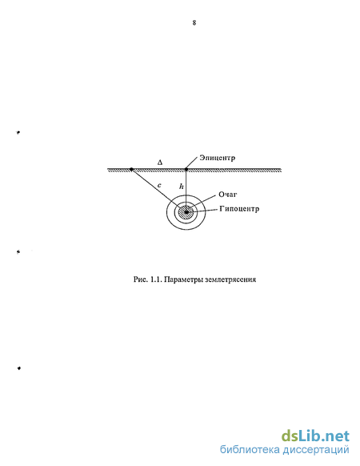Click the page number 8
click(194, 22)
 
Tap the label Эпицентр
click(217, 158)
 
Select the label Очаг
click(228, 195)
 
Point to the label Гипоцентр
click(239, 209)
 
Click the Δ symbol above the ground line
click(160, 163)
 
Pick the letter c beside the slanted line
click(159, 186)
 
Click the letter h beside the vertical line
click(181, 187)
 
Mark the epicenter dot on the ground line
click(186, 170)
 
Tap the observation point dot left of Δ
click(131, 169)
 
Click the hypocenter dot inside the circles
click(186, 212)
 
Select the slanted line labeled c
click(158, 191)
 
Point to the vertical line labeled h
click(186, 191)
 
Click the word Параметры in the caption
click(183, 279)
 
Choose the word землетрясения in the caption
click(230, 279)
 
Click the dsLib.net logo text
click(315, 436)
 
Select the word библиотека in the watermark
click(250, 449)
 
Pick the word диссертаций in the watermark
click(316, 450)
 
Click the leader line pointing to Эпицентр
click(192, 163)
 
